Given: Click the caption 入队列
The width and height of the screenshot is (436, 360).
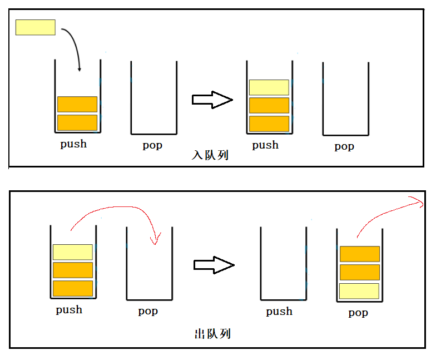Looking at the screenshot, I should pos(210,156).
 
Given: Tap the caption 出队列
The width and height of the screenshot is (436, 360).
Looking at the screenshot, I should pos(212,334).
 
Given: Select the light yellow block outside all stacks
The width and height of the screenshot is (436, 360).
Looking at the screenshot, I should pos(36,27).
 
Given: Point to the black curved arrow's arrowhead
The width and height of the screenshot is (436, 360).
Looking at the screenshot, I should pos(80,69).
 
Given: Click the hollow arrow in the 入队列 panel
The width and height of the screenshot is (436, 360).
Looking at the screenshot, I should pos(212,100).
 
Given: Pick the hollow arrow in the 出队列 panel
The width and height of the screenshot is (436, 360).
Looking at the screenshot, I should pos(214,265).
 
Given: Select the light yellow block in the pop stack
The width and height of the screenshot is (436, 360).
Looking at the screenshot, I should pos(359,291).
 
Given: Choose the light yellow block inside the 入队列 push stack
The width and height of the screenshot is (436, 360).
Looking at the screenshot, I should pos(269,87).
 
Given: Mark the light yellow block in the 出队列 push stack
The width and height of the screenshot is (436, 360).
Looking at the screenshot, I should pos(73,252).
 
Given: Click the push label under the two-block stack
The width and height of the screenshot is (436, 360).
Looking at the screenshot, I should pos(73,144).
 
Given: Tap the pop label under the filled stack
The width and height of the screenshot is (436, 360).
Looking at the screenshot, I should pos(358,313).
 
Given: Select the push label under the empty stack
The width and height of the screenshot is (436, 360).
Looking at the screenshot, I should pos(279,312).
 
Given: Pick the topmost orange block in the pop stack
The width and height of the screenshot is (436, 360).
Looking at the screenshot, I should pos(359,254).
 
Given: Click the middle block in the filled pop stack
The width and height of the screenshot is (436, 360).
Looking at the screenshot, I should pos(359,272).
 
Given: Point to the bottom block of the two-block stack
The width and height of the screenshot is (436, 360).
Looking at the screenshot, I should pos(77,122).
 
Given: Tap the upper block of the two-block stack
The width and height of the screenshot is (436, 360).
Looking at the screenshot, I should pos(77,104).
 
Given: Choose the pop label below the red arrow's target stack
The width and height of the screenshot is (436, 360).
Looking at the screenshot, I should pos(148,312).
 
